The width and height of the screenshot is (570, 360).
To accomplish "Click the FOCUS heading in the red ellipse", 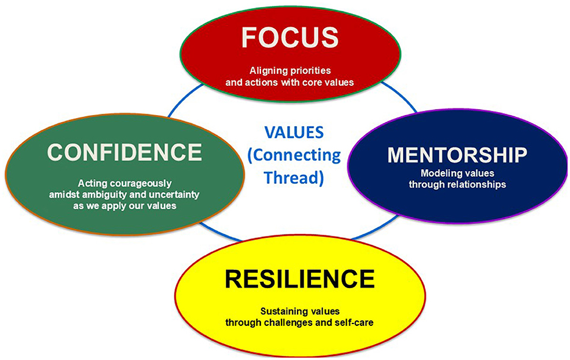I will coord(290,37).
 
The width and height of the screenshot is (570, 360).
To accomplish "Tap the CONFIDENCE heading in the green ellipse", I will coord(125,152).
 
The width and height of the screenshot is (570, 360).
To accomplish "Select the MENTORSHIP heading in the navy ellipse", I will coord(457,155).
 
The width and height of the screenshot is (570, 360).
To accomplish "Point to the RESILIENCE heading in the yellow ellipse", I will coord(299,279).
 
